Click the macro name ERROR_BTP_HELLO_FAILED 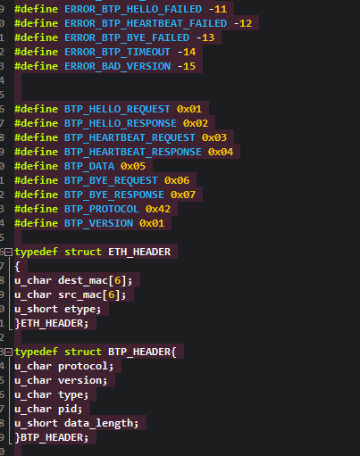click(x=133, y=9)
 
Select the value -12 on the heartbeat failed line click(x=243, y=23)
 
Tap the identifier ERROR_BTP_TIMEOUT click(x=117, y=52)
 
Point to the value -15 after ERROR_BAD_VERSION click(x=187, y=66)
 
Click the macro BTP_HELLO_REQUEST click(x=117, y=109)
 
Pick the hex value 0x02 click(x=196, y=123)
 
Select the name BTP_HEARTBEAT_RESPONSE click(x=133, y=152)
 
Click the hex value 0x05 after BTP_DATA click(x=133, y=166)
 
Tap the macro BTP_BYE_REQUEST click(x=111, y=180)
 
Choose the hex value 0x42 click(x=158, y=209)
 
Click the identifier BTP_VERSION click(x=98, y=223)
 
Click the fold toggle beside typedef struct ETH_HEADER click(x=9, y=253)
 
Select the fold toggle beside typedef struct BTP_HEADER click(x=9, y=352)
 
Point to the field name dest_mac click(x=83, y=280)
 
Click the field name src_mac click(x=80, y=294)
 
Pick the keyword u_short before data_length click(x=36, y=423)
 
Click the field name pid click(x=67, y=410)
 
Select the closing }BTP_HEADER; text click(x=52, y=437)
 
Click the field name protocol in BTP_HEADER click(x=83, y=367)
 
